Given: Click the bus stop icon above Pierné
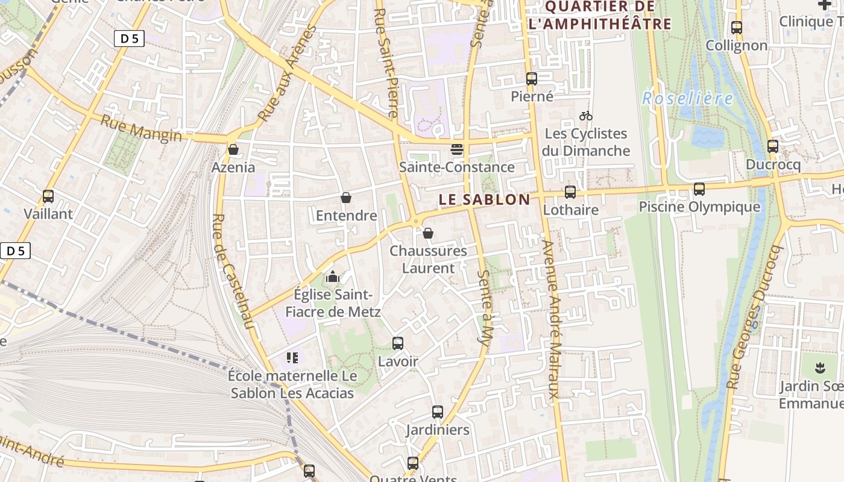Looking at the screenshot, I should [x=531, y=78].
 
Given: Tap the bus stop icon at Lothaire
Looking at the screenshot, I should [x=570, y=192].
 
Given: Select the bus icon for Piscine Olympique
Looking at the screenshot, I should [x=699, y=189].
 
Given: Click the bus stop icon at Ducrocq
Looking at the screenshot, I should [x=772, y=146].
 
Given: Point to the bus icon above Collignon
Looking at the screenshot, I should [x=736, y=27].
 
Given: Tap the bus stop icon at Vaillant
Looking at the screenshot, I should [x=48, y=196].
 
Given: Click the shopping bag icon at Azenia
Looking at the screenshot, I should [x=233, y=149].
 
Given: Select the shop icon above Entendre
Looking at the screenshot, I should [x=346, y=198].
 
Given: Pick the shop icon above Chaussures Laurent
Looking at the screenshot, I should [x=427, y=233].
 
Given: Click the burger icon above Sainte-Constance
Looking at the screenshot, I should [x=456, y=149].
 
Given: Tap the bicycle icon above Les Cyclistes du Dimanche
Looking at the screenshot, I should [x=585, y=116].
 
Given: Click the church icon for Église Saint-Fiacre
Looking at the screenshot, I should [x=332, y=277].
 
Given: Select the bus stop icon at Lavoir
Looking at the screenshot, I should [x=397, y=343].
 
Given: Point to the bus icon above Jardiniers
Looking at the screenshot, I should [x=437, y=412].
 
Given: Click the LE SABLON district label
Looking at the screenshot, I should [x=484, y=199].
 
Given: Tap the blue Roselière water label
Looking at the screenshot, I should [x=687, y=98].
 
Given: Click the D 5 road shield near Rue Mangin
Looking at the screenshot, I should [x=129, y=39].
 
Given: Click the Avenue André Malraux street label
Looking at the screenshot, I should [x=552, y=319].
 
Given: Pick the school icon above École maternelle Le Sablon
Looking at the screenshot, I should [x=292, y=358].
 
